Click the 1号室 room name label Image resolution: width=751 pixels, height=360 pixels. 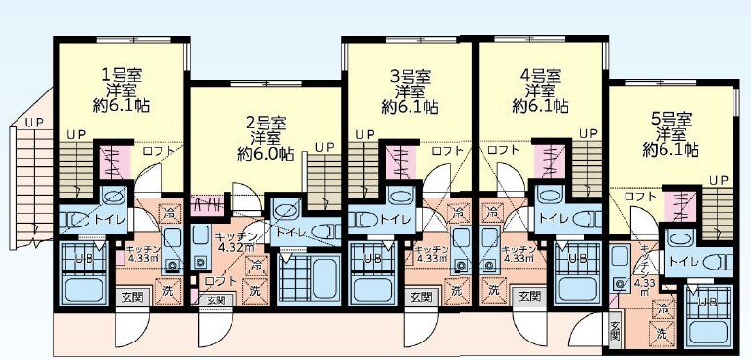[122, 74]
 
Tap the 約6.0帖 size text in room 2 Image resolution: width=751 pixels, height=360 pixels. [265, 154]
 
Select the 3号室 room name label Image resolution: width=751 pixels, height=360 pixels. [410, 74]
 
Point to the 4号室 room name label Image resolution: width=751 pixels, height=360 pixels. [540, 74]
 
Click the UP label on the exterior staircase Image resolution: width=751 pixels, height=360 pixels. [34, 123]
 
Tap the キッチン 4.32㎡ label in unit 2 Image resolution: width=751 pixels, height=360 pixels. [235, 241]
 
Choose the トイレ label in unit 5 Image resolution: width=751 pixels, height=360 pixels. [685, 261]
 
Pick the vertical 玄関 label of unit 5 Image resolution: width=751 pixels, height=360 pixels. [615, 332]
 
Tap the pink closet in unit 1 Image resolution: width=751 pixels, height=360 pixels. [113, 162]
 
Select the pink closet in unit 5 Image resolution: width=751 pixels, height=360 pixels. [682, 205]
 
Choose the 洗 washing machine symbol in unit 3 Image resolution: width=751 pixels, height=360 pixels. [455, 290]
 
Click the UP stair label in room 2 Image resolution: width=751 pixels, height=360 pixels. [325, 147]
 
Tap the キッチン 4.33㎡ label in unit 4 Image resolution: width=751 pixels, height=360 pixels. [517, 253]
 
